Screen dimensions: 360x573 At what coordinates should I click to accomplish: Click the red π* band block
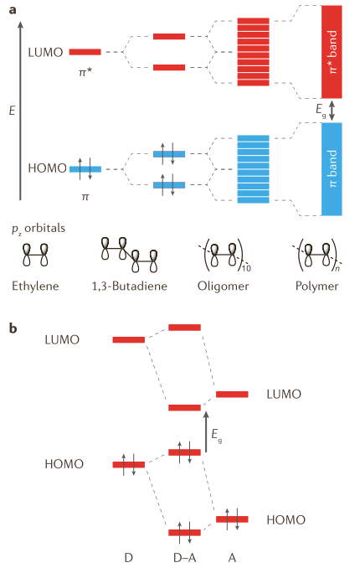[x=332, y=52]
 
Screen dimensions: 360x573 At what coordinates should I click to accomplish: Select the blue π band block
[x=332, y=169]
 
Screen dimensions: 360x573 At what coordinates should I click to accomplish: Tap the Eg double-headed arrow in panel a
[x=332, y=111]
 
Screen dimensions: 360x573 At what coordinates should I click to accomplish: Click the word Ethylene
[x=35, y=286]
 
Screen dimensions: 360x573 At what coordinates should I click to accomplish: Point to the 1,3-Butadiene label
[x=130, y=286]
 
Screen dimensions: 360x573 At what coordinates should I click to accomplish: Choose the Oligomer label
[x=223, y=286]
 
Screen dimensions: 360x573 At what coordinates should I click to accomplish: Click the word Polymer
[x=317, y=286]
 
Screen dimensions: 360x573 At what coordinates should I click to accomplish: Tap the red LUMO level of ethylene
[x=85, y=52]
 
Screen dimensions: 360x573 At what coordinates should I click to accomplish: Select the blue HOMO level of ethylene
[x=85, y=169]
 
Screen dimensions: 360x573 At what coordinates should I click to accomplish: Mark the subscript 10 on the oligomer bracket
[x=246, y=269]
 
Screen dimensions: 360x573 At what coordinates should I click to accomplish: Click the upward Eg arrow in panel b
[x=206, y=431]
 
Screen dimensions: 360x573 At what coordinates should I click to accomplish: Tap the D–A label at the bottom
[x=185, y=558]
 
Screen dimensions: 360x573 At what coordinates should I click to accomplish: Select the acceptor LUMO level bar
[x=232, y=395]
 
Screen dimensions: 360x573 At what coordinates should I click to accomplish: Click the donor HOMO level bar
[x=129, y=464]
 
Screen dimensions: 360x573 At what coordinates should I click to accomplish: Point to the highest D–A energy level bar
[x=184, y=328]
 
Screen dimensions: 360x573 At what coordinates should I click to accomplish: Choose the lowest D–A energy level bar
[x=184, y=533]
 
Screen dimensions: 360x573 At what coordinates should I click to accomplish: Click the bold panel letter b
[x=13, y=328]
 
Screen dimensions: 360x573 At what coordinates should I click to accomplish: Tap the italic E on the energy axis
[x=12, y=111]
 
